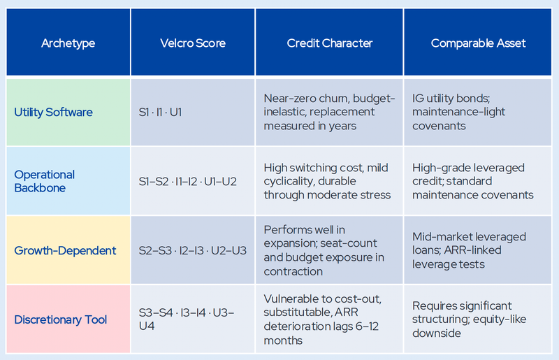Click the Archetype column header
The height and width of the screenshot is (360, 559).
click(x=68, y=43)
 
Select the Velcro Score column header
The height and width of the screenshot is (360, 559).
click(x=193, y=43)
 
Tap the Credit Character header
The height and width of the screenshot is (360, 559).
click(x=329, y=43)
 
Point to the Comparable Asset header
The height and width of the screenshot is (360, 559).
click(x=478, y=43)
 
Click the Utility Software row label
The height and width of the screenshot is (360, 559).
click(x=54, y=113)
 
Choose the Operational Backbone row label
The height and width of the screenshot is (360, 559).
click(x=45, y=181)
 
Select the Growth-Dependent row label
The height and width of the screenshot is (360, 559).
click(x=65, y=250)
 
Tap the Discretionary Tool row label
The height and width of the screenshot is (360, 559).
click(x=61, y=319)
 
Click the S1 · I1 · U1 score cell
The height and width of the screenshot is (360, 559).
click(x=161, y=112)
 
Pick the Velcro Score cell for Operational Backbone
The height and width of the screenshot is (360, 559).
click(x=187, y=182)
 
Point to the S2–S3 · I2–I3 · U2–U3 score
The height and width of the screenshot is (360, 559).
click(x=193, y=250)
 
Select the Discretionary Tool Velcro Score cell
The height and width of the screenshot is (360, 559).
click(x=187, y=319)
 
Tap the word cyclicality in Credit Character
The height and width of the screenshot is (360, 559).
click(x=287, y=181)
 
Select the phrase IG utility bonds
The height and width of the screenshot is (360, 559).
click(x=451, y=98)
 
